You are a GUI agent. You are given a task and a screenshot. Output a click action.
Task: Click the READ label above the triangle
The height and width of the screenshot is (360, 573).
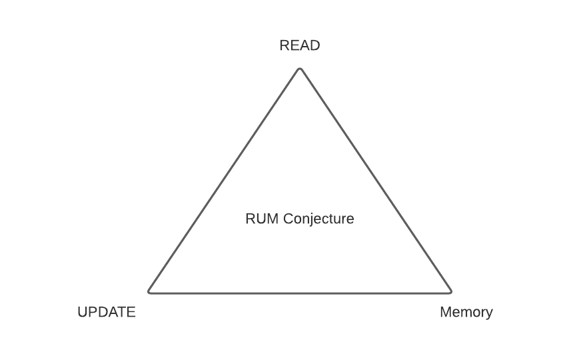click(x=300, y=46)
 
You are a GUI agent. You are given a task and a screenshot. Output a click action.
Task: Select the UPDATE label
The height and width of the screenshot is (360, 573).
click(x=107, y=312)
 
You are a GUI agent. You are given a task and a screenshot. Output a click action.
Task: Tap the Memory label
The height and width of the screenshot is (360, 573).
click(x=466, y=312)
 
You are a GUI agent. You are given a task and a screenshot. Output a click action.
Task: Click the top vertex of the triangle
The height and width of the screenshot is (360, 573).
click(x=300, y=69)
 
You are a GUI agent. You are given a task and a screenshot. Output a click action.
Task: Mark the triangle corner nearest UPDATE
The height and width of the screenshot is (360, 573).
click(x=149, y=291)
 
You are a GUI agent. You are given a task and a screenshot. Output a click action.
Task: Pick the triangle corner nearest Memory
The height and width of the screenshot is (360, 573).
click(x=450, y=291)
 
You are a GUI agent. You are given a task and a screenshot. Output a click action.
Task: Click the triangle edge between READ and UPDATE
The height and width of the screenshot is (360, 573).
click(x=225, y=180)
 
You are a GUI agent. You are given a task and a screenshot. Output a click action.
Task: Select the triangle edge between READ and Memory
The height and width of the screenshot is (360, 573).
click(x=375, y=180)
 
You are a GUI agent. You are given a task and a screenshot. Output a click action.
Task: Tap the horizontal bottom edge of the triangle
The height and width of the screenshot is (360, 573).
click(x=300, y=292)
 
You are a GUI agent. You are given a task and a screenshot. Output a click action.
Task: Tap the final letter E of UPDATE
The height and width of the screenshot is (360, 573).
click(x=131, y=312)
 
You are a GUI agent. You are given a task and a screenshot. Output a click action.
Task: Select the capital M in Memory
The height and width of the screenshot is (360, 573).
click(x=446, y=312)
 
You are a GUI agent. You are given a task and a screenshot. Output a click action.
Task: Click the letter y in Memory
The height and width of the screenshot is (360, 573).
click(x=489, y=313)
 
